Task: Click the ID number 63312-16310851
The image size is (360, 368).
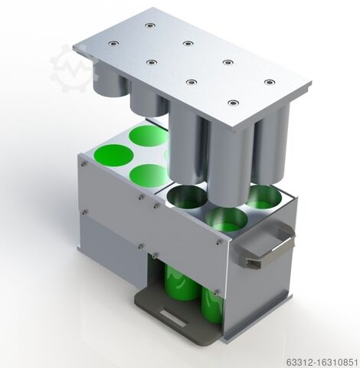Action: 322,362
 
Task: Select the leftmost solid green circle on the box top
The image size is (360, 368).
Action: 113,156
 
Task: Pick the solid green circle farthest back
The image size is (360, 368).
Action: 149,136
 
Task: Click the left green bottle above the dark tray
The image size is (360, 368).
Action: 180,282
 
